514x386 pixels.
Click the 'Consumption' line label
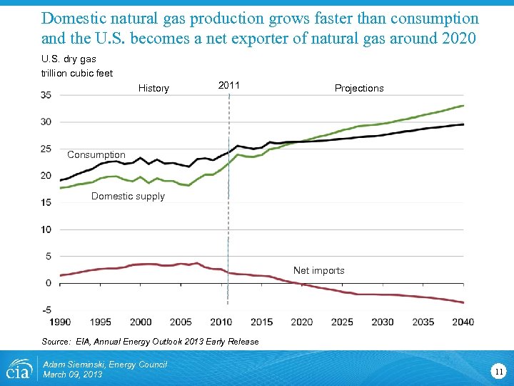point(96,155)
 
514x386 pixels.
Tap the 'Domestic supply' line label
point(128,197)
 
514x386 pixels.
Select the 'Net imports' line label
point(318,271)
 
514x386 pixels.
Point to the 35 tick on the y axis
point(45,95)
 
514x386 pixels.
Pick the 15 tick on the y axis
point(45,203)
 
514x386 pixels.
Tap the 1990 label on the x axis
point(59,322)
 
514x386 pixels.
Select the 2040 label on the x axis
point(463,322)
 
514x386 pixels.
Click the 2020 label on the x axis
point(301,322)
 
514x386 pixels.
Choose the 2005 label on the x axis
point(181,322)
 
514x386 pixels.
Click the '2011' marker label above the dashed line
point(228,86)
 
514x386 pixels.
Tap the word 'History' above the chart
point(153,89)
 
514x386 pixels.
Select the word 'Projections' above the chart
point(359,89)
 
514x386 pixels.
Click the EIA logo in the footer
point(20,369)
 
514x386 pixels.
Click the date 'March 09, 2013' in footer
point(73,375)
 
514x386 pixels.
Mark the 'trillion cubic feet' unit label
point(76,73)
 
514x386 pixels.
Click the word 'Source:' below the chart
point(56,342)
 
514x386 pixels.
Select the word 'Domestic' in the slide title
point(72,18)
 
